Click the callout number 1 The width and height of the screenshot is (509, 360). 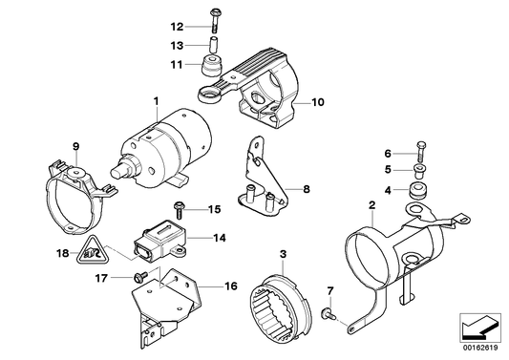(x=153, y=99)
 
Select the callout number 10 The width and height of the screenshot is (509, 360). (x=319, y=100)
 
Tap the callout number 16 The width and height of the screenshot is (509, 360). (x=230, y=286)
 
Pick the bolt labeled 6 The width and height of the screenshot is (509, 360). (x=417, y=152)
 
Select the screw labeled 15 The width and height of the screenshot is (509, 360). (x=180, y=208)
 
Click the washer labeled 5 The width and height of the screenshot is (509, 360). (x=417, y=172)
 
